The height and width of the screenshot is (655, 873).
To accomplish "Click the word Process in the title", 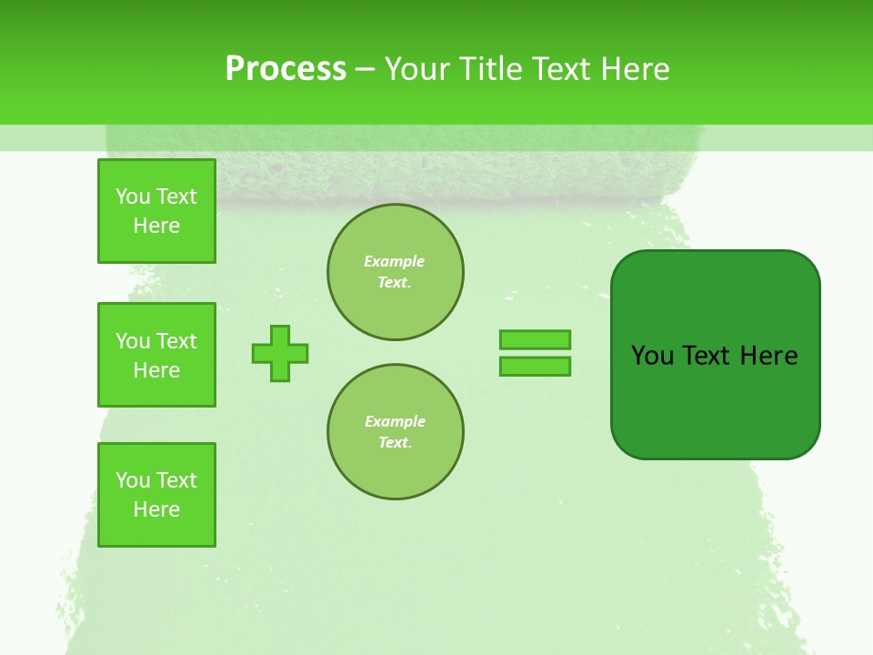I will pos(286,69).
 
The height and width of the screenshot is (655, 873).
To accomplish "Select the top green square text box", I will pos(156,211).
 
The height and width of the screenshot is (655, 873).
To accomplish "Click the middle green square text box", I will pos(156,355).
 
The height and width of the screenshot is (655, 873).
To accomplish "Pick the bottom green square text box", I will pos(156,495).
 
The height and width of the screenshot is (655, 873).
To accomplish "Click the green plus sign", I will pos(280,353).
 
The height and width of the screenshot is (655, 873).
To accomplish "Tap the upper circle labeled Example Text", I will pos(396,272).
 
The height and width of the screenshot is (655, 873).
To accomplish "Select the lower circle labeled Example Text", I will pos(396,432).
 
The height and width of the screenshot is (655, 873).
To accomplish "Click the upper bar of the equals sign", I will pos(535,339).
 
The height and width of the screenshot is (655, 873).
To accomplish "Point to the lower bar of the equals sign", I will pos(535,367).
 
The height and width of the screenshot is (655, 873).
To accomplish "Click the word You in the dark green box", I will pos(653,356).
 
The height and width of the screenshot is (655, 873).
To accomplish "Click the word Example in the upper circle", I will pos(395,261).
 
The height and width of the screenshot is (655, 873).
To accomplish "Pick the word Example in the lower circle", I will pos(395,421).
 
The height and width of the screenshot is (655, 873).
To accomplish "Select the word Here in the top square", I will pos(156,226).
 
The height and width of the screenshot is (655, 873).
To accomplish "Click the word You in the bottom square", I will pos(133,480).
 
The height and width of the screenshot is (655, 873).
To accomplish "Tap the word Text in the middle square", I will pos(176,341).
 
